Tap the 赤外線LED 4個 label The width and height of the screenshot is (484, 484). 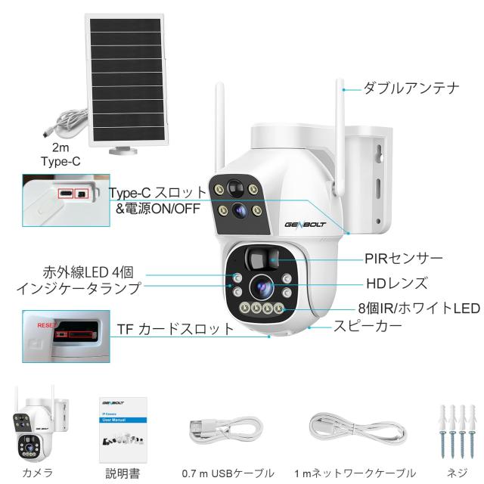[x=92, y=272]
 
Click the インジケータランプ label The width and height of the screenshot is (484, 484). [x=77, y=287]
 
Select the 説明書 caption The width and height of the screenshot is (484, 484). [x=122, y=473]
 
